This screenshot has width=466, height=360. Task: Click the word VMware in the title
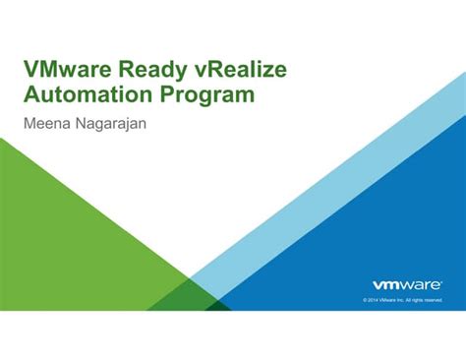point(68,70)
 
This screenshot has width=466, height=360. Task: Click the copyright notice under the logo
point(402,299)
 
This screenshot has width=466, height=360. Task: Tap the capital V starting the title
point(32,70)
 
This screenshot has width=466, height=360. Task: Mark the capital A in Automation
point(33,95)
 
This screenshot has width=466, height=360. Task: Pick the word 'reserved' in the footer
point(434,299)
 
